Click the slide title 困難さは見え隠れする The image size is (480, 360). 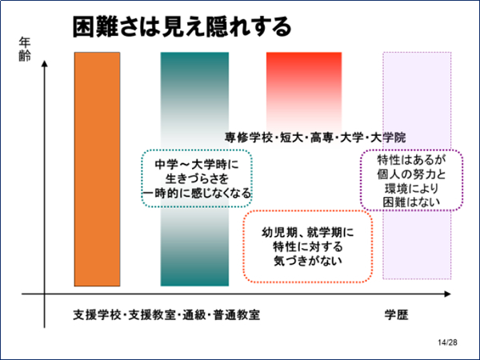pyautogui.click(x=182, y=27)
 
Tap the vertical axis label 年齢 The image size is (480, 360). pyautogui.click(x=25, y=50)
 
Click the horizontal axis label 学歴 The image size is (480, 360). pyautogui.click(x=396, y=314)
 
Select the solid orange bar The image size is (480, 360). pyautogui.click(x=97, y=170)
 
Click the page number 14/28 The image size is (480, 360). pyautogui.click(x=447, y=342)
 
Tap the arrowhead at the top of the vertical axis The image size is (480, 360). pyautogui.click(x=45, y=63)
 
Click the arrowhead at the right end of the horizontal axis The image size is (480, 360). pyautogui.click(x=447, y=294)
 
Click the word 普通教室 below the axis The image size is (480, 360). pyautogui.click(x=237, y=315)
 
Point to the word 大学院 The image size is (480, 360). pyautogui.click(x=388, y=138)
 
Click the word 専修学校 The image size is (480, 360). pyautogui.click(x=249, y=138)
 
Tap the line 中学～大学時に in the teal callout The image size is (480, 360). pyautogui.click(x=197, y=165)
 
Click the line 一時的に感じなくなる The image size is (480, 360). pyautogui.click(x=197, y=194)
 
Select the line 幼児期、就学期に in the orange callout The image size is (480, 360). pyautogui.click(x=308, y=233)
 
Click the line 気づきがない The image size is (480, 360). pyautogui.click(x=308, y=261)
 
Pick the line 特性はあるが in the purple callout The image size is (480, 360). pyautogui.click(x=411, y=159)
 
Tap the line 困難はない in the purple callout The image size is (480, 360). pyautogui.click(x=411, y=202)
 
